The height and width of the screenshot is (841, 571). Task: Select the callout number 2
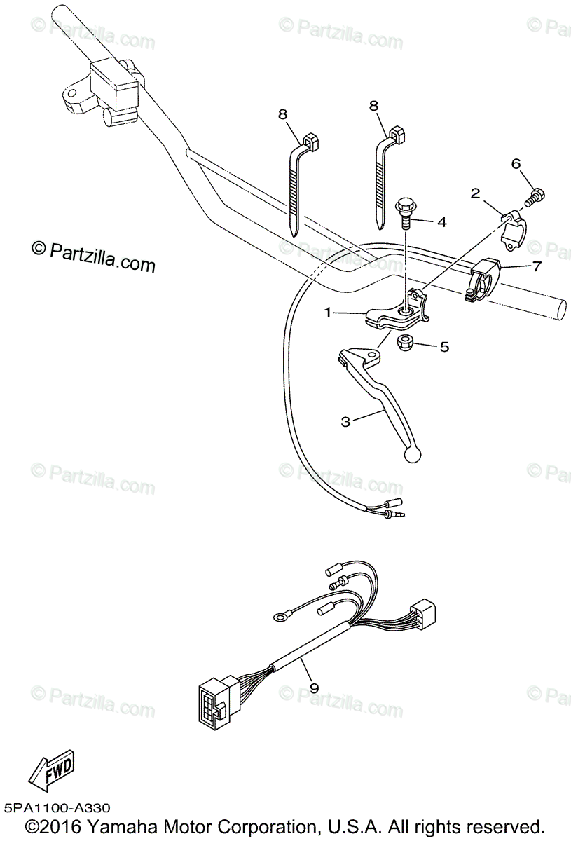tap(474, 193)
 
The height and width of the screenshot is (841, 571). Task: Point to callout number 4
tap(441, 222)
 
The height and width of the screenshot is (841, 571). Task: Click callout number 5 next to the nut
tap(444, 346)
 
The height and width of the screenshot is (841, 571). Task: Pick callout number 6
tap(516, 164)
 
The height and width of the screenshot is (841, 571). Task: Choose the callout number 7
tap(537, 266)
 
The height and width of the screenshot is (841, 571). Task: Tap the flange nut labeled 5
tap(405, 343)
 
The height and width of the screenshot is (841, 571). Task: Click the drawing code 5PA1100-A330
tap(55, 808)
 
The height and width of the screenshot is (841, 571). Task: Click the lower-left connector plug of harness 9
tap(211, 700)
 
